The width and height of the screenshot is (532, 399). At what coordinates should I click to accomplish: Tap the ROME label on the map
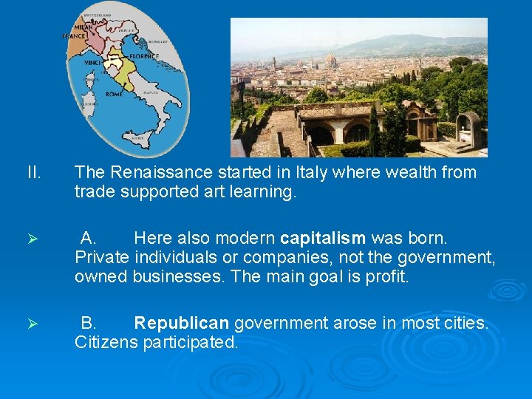tap(114, 95)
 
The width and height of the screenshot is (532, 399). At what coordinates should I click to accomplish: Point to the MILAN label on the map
tap(82, 27)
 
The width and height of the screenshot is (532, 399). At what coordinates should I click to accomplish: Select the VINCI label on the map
tap(92, 64)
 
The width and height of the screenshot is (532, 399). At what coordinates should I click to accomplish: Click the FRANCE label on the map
tap(73, 35)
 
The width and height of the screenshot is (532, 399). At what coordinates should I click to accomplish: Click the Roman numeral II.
tap(33, 172)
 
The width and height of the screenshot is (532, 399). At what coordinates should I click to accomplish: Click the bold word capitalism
tap(323, 238)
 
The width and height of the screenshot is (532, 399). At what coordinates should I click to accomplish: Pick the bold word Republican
tap(183, 323)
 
